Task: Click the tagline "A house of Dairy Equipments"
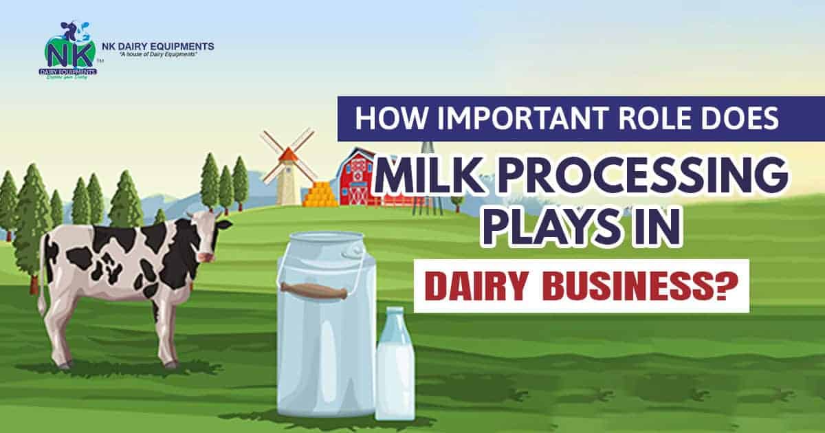pyautogui.click(x=157, y=54)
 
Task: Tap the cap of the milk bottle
pyautogui.click(x=395, y=313)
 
